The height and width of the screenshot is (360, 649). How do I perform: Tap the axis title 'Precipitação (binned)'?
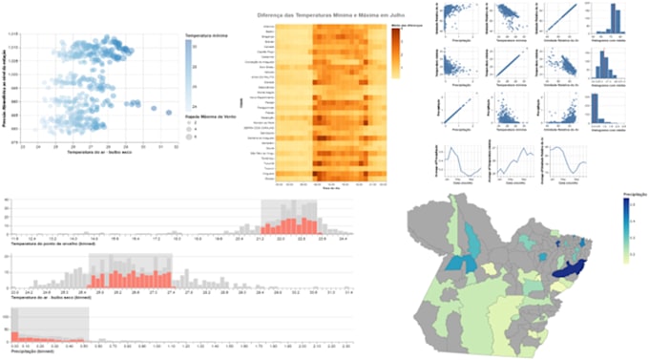click(x=29, y=349)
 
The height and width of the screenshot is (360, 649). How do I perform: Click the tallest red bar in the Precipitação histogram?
click(x=14, y=335)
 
